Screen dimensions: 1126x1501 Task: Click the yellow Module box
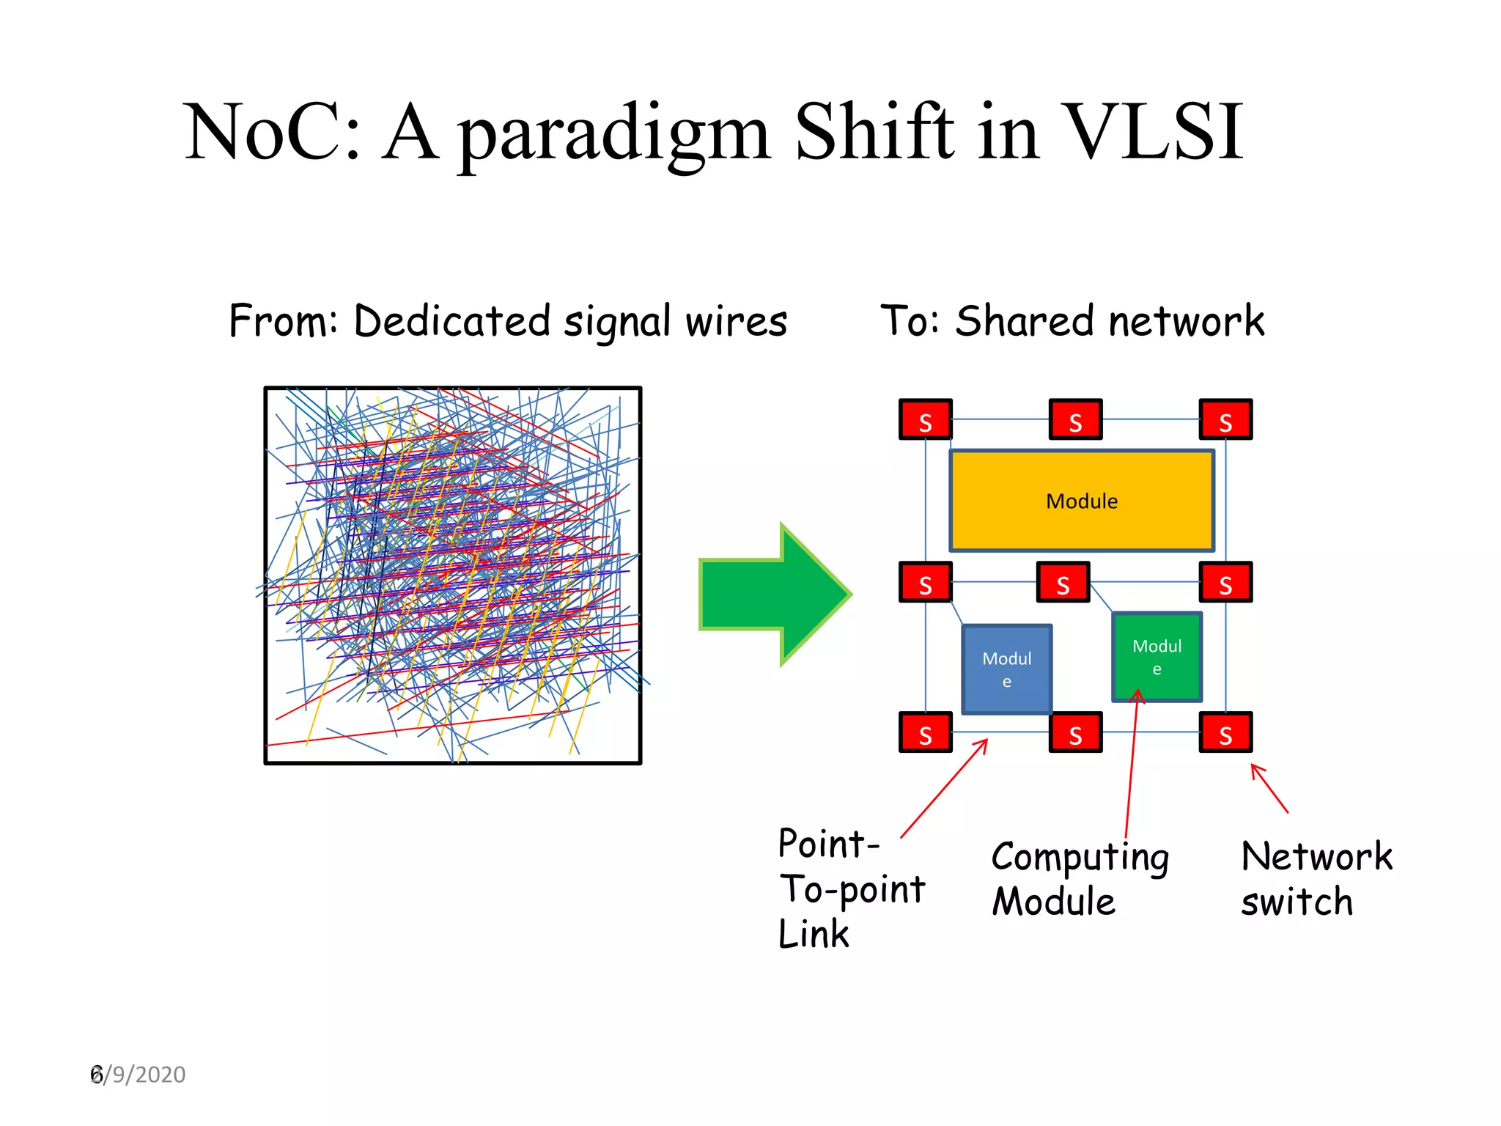coord(1081,501)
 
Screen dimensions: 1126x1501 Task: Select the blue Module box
coord(1006,669)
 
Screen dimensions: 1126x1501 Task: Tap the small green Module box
coord(1157,657)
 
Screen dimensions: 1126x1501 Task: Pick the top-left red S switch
coord(925,420)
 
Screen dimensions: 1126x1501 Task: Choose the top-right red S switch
coord(1225,420)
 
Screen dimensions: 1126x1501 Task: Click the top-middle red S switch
coord(1075,420)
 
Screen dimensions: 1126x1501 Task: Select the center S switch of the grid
coord(1063,583)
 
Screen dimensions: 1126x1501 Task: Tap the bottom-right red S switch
coord(1225,732)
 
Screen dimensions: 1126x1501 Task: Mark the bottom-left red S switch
coord(925,732)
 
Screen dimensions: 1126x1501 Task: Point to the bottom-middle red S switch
coord(1075,732)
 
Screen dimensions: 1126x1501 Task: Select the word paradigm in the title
coord(614,135)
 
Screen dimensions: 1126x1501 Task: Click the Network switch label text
coord(1315,878)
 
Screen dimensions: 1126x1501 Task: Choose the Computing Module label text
coord(1079,878)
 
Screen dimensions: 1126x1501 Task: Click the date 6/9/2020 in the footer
coord(138,1075)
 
